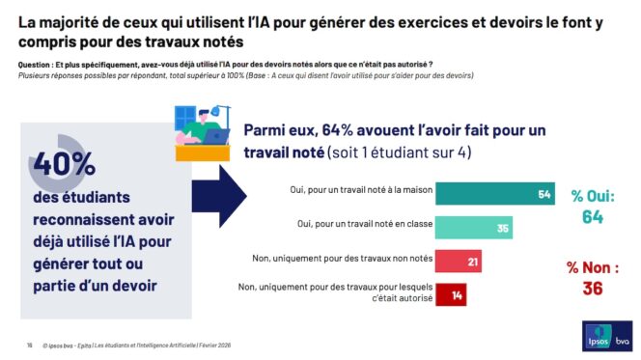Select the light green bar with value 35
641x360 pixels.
[x=474, y=228]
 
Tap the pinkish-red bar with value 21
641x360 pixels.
[x=458, y=261]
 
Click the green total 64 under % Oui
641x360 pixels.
[x=592, y=217]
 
